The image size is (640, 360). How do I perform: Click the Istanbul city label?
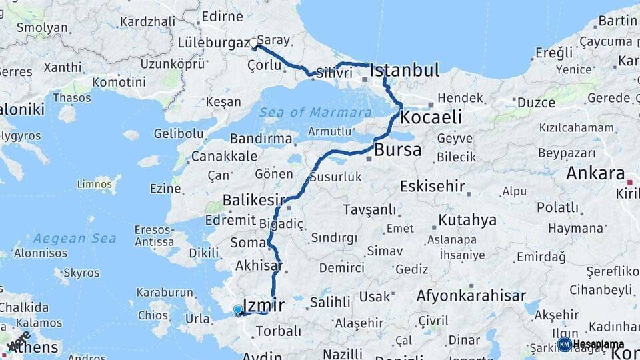(404, 70)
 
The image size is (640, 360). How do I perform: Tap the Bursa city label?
(398, 150)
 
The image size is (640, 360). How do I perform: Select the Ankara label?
(595, 173)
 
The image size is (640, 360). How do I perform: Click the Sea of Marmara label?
(315, 112)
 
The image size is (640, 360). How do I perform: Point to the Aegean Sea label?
(75, 238)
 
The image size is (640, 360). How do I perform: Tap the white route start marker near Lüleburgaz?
(253, 43)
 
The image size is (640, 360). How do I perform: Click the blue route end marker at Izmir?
(238, 309)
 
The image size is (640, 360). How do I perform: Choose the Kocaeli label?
(432, 117)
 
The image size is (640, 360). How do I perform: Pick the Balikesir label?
(253, 199)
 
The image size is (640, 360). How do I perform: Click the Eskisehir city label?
(433, 186)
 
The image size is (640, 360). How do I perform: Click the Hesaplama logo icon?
(564, 344)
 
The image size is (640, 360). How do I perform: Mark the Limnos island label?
(94, 183)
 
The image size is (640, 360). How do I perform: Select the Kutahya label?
(467, 220)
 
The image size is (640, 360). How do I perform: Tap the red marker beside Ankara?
(630, 181)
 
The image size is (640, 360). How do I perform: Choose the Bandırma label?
(261, 139)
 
